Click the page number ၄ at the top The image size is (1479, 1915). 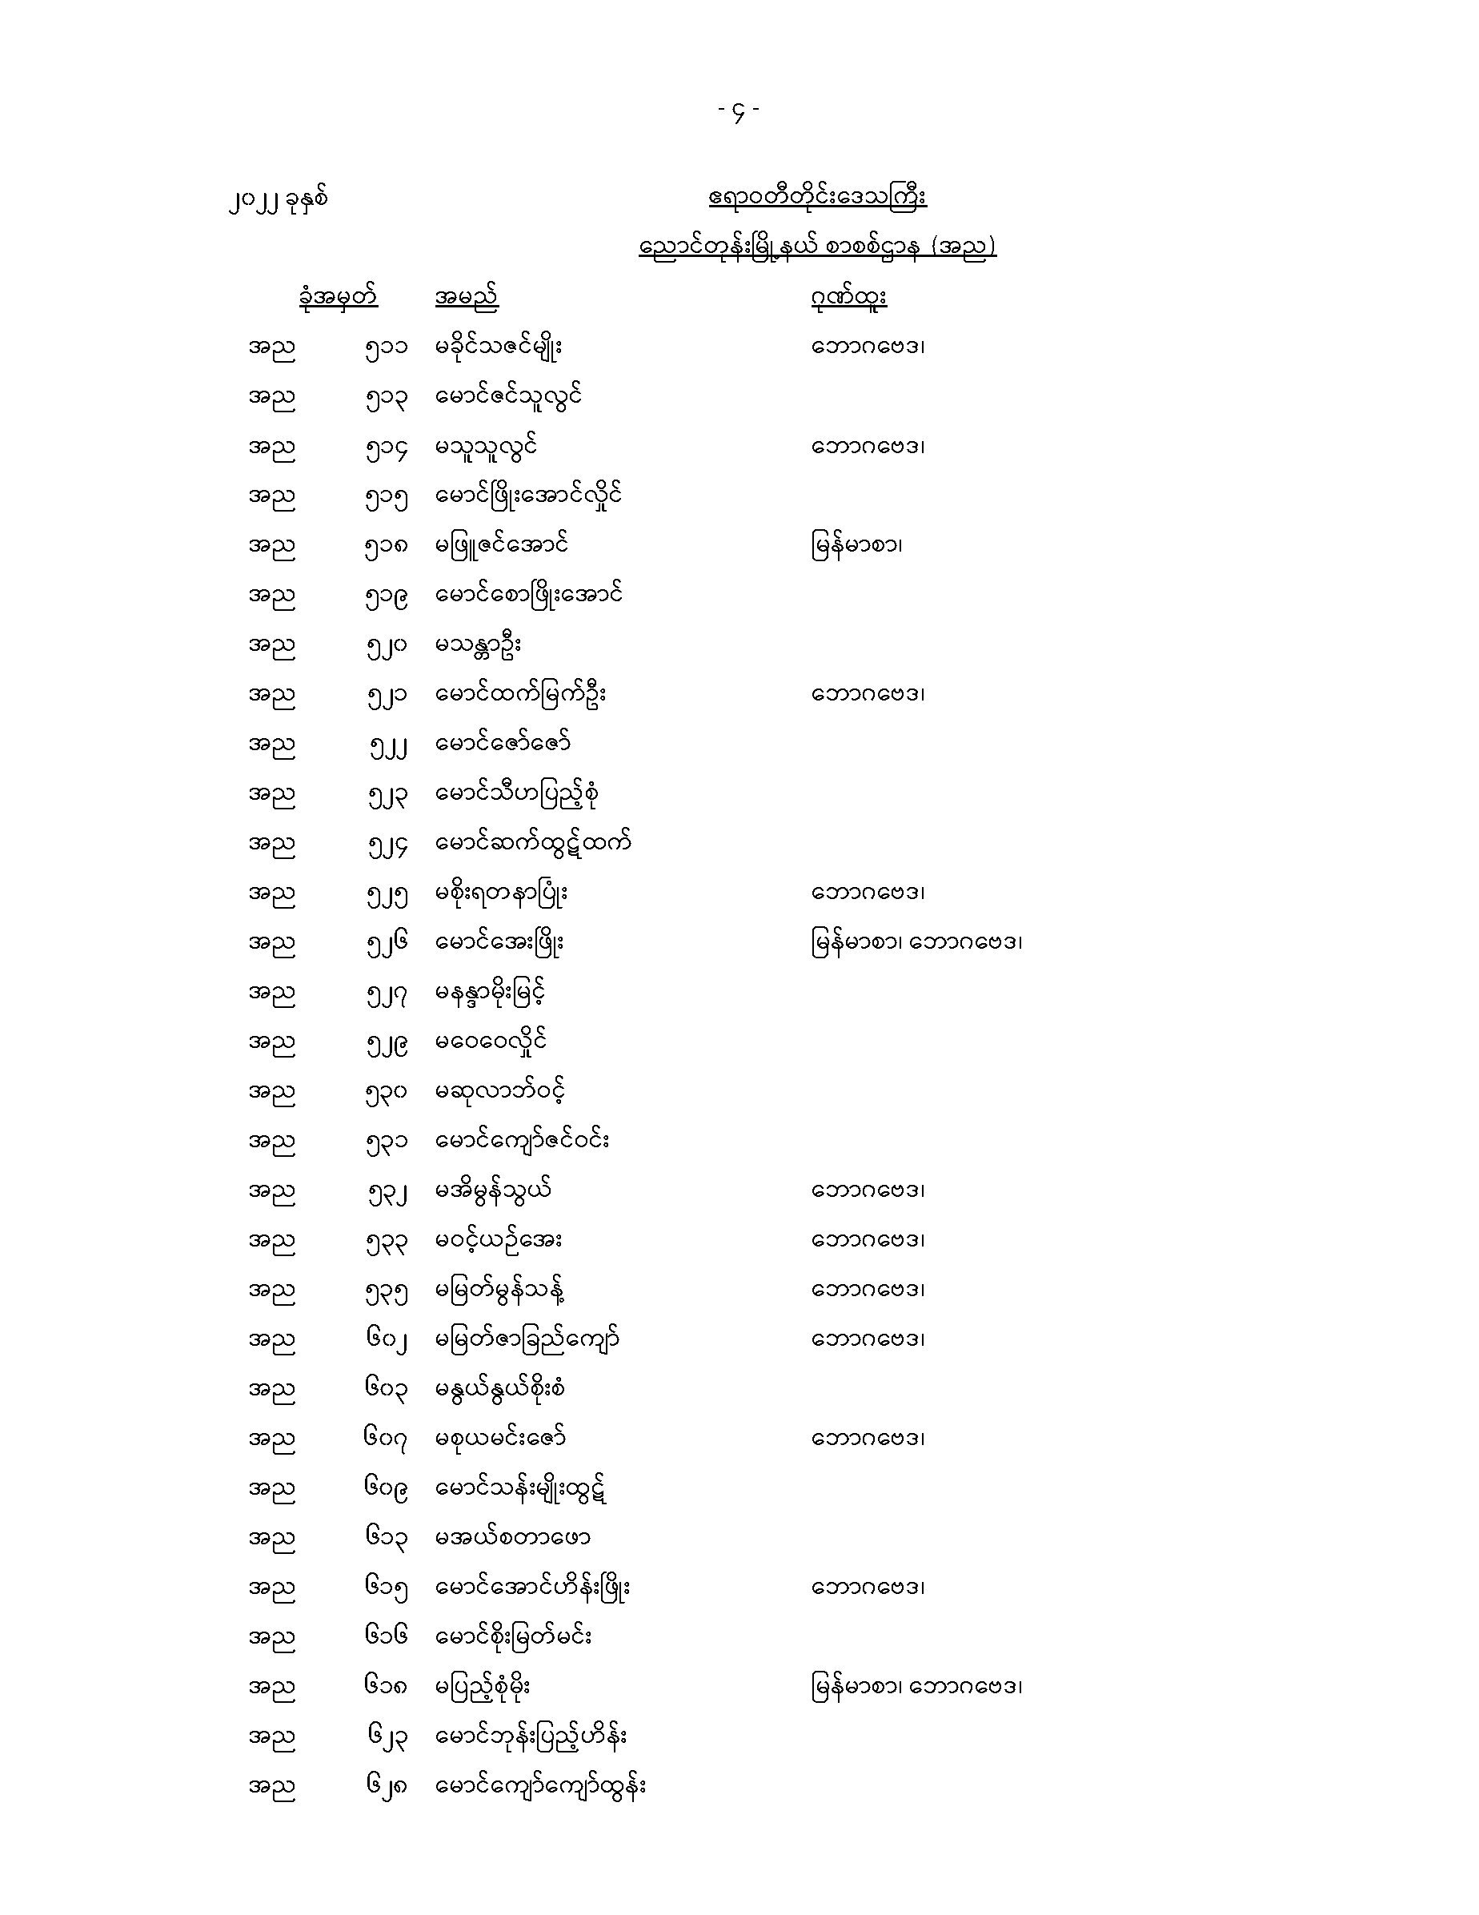738,111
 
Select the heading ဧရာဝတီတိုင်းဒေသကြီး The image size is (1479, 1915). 817,197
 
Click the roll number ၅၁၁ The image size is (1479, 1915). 387,347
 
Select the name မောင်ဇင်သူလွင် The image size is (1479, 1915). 509,396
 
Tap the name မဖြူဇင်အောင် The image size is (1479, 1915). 502,544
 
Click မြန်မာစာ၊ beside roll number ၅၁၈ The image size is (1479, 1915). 856,545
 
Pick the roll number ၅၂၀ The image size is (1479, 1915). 387,645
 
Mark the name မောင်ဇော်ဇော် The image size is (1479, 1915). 503,744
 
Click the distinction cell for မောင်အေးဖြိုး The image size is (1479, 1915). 916,942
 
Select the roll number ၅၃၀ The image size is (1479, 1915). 387,1093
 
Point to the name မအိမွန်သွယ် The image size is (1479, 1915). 494,1190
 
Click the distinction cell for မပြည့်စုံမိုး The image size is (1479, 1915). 916,1686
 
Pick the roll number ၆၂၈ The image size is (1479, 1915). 387,1786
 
